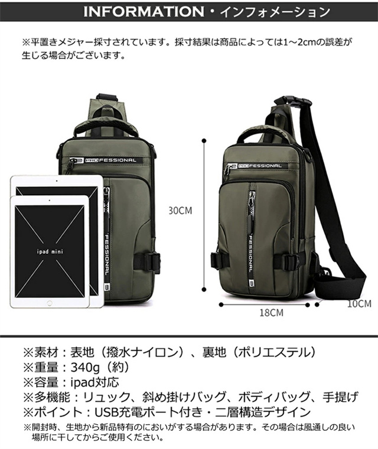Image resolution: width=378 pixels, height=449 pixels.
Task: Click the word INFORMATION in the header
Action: pos(148,11)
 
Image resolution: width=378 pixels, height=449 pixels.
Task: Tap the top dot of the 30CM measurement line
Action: pos(204,141)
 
